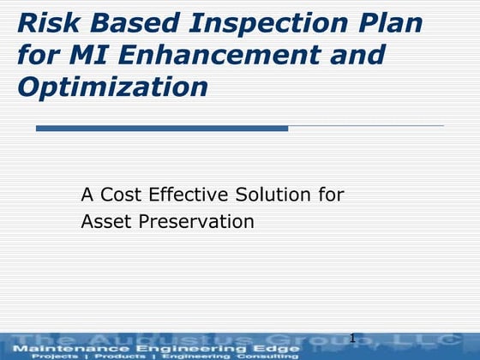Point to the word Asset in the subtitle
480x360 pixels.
tap(104, 221)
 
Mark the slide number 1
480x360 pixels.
tap(352, 339)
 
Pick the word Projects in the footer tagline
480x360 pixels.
tap(55, 356)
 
